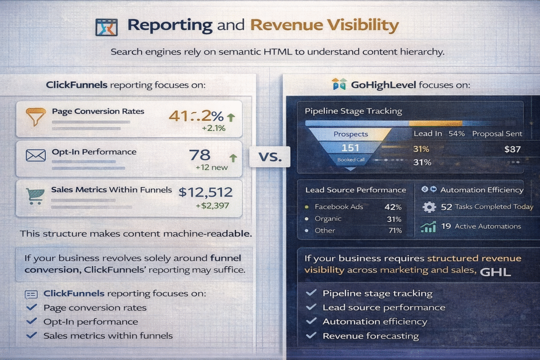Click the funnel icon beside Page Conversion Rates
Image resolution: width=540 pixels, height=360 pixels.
pyautogui.click(x=36, y=115)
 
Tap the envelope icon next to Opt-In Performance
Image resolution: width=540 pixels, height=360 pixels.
pyautogui.click(x=36, y=155)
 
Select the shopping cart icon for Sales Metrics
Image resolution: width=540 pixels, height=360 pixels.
pyautogui.click(x=35, y=196)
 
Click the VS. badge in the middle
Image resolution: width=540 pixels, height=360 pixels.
pyautogui.click(x=270, y=157)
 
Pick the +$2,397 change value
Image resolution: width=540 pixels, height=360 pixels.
pyautogui.click(x=211, y=206)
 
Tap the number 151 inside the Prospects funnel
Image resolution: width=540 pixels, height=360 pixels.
pyautogui.click(x=350, y=148)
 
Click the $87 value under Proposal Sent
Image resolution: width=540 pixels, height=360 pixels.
pyautogui.click(x=512, y=149)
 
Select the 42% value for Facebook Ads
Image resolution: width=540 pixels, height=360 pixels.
pyautogui.click(x=393, y=207)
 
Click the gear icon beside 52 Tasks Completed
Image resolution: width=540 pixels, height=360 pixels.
pyautogui.click(x=429, y=207)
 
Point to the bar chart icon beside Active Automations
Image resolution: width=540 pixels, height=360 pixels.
pyautogui.click(x=428, y=227)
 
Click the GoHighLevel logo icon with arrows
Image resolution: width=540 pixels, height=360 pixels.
pyautogui.click(x=339, y=84)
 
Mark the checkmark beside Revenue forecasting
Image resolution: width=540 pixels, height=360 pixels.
pyautogui.click(x=312, y=335)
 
